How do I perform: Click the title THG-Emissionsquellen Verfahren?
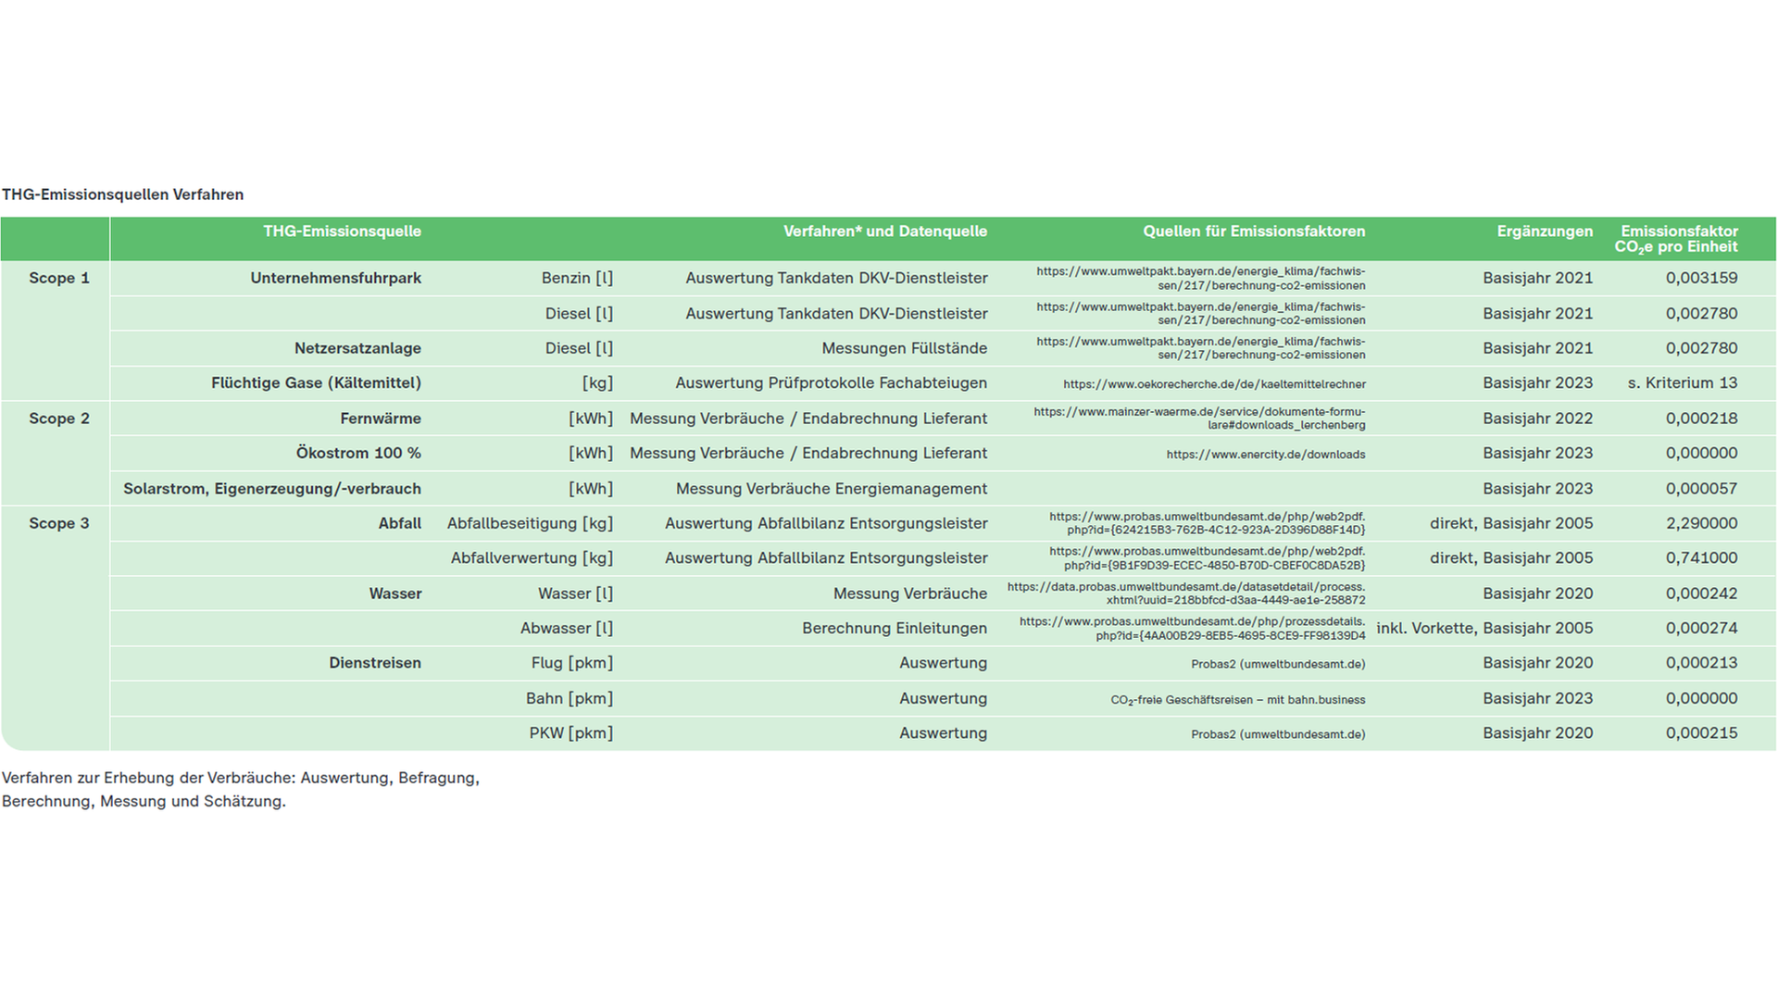123,194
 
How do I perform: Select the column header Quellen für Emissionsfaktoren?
1254,231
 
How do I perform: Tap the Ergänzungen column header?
1545,231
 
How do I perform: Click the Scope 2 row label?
59,419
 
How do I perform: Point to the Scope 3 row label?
59,523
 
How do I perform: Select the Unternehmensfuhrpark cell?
335,278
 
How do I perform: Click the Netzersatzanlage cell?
357,348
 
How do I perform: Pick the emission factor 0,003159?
1701,278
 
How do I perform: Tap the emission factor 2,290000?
1701,523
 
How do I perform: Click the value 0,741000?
1701,558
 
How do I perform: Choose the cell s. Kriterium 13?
1682,383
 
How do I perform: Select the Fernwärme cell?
380,419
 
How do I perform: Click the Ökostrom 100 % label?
358,454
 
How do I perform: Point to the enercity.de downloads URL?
1265,455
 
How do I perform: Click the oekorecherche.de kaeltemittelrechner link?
1214,384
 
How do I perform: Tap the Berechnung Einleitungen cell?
894,629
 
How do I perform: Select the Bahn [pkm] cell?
569,698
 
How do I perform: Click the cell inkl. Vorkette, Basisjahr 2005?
1484,629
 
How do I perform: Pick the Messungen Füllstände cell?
904,348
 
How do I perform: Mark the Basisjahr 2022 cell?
1537,419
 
